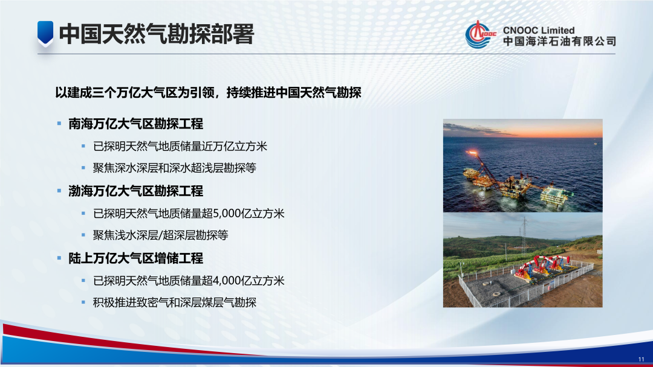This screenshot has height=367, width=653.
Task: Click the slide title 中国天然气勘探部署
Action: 156,34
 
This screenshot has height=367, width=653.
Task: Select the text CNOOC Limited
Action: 538,30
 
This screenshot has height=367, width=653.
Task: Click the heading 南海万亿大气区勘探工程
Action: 135,124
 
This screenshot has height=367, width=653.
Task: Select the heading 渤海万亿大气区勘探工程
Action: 135,191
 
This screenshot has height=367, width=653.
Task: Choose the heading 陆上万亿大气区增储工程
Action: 135,258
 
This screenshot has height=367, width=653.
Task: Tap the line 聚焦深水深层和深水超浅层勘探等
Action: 175,168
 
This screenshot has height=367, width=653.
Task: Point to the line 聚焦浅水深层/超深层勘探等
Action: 160,235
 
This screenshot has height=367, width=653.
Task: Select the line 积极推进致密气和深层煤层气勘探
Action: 175,302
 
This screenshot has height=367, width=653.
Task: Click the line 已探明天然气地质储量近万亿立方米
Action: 180,147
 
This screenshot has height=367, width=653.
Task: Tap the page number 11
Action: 641,359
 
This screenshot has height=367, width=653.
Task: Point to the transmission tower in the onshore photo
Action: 524,232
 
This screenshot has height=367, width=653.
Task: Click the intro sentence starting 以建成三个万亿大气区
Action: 208,93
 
